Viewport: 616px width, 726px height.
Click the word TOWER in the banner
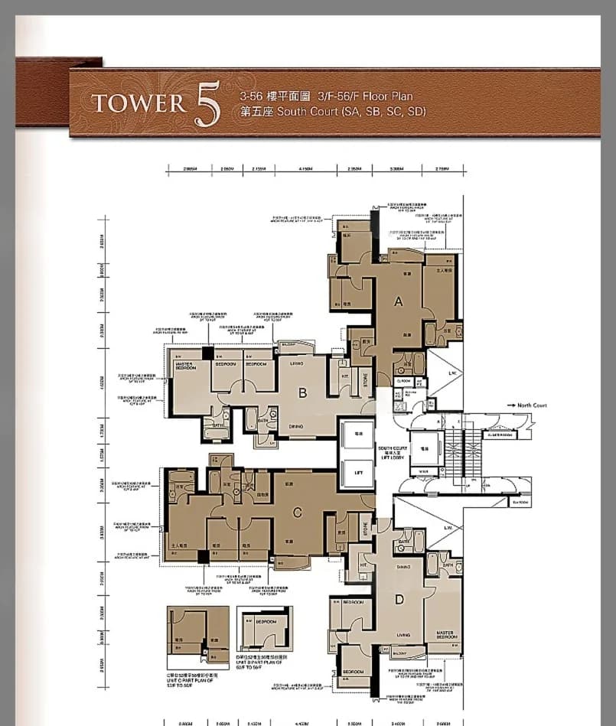point(138,103)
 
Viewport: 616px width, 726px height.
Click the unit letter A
point(398,301)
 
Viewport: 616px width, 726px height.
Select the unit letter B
point(302,393)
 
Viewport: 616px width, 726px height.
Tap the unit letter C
point(298,513)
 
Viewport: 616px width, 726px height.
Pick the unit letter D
point(399,599)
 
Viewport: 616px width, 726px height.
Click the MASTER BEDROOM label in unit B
point(185,366)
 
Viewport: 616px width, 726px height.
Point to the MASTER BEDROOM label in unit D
point(445,635)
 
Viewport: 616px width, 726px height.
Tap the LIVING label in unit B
point(297,363)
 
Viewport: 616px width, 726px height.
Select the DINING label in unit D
point(403,568)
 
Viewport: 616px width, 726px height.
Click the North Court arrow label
point(531,405)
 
